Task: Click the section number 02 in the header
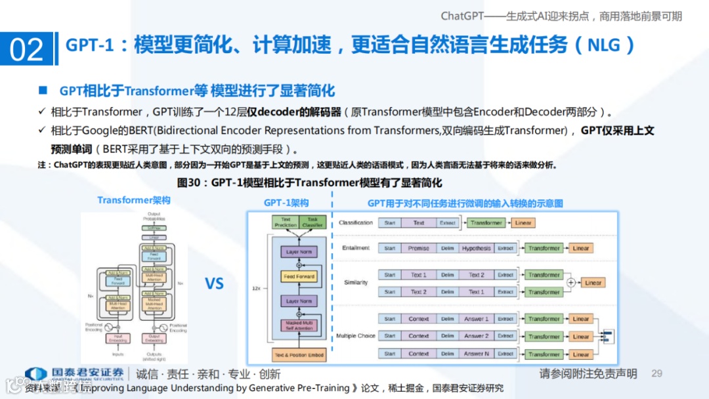point(26,49)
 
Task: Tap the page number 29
point(657,373)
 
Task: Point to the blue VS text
point(215,283)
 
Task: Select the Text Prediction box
point(286,222)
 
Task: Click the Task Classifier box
point(312,222)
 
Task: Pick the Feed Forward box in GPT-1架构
point(299,276)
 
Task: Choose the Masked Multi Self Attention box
point(299,325)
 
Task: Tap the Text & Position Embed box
point(299,355)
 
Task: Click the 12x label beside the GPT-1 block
point(255,288)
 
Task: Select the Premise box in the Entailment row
point(418,249)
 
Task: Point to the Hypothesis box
point(476,249)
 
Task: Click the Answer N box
point(476,354)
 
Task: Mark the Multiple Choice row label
point(356,336)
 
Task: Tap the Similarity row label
point(356,283)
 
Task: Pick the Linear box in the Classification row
point(523,223)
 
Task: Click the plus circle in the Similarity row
point(570,283)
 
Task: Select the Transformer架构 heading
point(134,200)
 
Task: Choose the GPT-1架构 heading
point(286,203)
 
